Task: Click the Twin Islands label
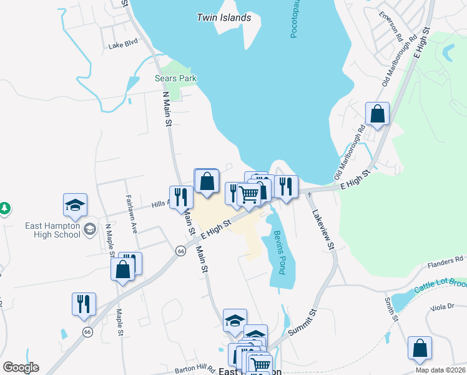[x=224, y=17]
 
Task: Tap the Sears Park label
[x=175, y=78]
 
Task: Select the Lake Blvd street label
[x=122, y=45]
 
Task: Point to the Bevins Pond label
[x=278, y=252]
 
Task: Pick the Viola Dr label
[x=442, y=308]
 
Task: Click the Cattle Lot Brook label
[x=439, y=287]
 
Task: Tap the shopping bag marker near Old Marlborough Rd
[x=377, y=114]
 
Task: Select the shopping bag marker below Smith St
[x=420, y=349]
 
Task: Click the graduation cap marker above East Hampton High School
[x=75, y=205]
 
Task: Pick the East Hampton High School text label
[x=52, y=230]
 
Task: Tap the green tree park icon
[x=4, y=207]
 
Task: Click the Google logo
[x=21, y=367]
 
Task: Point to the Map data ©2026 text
[x=440, y=370]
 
